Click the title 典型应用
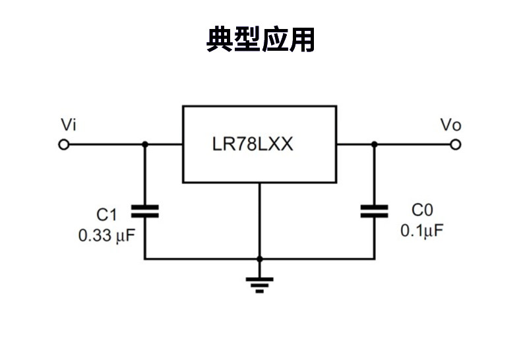pos(260,40)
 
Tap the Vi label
pos(69,125)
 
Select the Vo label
pos(450,125)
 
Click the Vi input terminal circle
pos(64,144)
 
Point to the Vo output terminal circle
pos(456,144)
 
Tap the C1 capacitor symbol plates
pos(145,211)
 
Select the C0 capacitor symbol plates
pos(375,211)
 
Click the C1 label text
pos(106,215)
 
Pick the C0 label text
pos(422,210)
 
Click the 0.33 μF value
pos(106,235)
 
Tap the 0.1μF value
pos(422,231)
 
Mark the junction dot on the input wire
pos(145,144)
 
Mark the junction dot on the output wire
pos(375,144)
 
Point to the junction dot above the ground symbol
pos(259,259)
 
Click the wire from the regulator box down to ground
pos(259,221)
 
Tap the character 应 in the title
pos(274,40)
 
